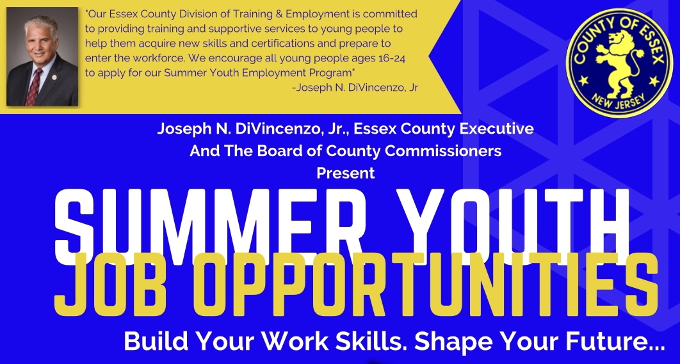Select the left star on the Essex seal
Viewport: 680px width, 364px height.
[x=584, y=80]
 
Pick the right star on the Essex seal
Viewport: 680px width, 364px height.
[x=653, y=81]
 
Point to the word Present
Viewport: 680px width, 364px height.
[x=346, y=173]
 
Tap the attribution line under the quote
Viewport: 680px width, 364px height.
[x=355, y=88]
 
